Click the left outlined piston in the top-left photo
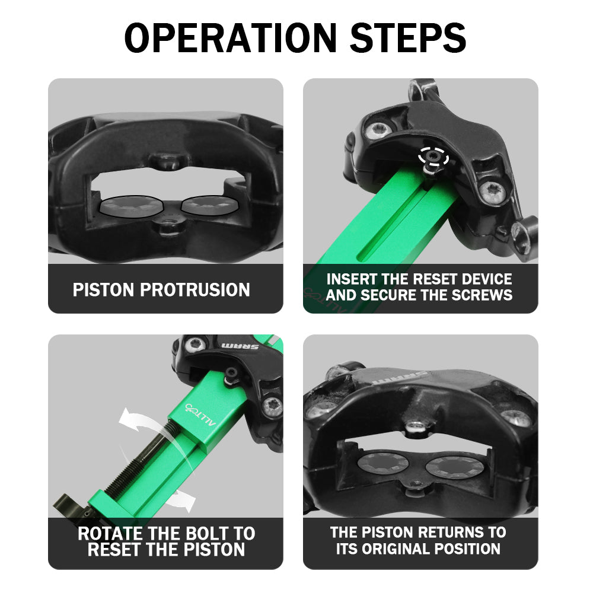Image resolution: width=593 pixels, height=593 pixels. click(131, 206)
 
